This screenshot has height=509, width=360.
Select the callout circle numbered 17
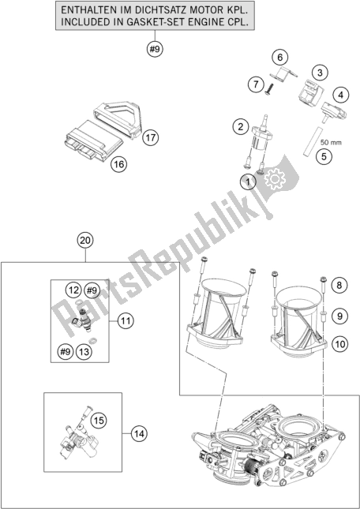[151, 137]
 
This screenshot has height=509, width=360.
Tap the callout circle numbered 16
[118, 164]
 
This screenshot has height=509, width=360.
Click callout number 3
[319, 73]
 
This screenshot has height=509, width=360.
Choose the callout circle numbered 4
[339, 95]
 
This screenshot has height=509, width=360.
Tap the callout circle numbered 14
[139, 432]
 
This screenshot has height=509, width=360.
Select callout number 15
[98, 420]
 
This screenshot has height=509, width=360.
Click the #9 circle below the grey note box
[154, 51]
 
